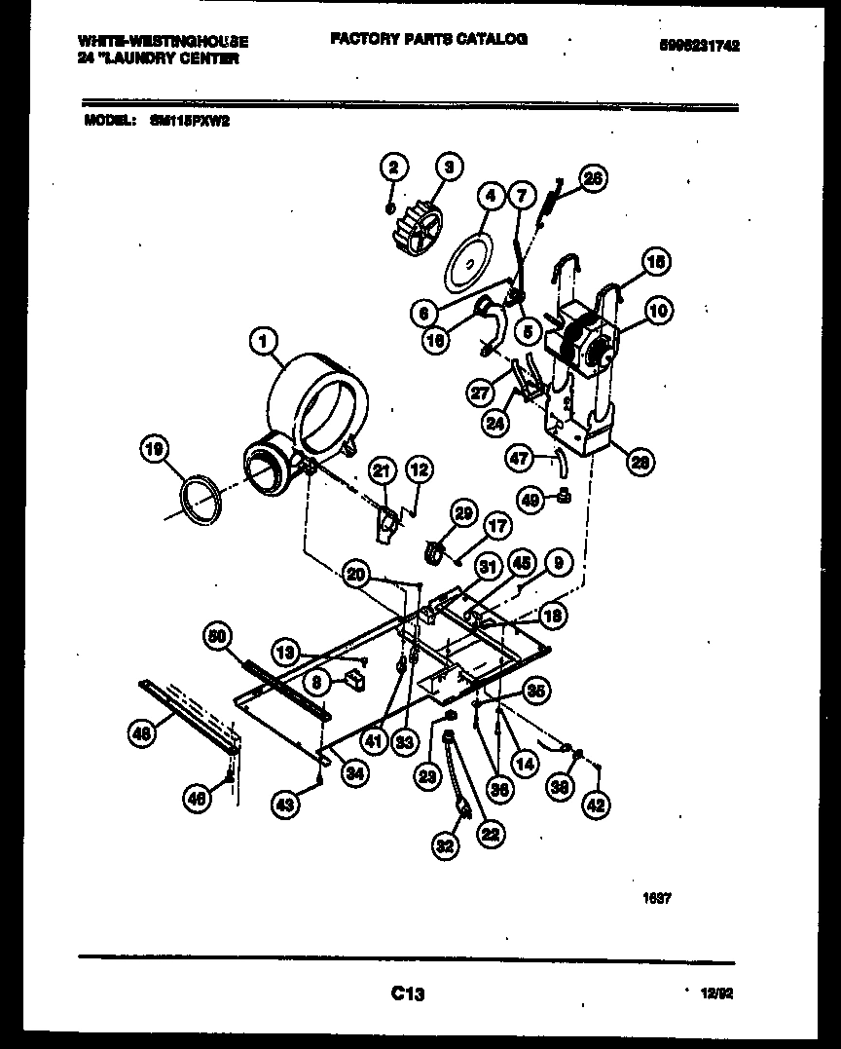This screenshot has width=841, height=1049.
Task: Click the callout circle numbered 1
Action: pos(262,340)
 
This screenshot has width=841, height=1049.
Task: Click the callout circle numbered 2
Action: pos(391,168)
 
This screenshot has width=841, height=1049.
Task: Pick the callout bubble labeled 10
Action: pos(659,311)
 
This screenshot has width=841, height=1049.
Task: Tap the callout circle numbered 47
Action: pos(520,456)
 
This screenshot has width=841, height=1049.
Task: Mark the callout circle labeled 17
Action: pos(497,527)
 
